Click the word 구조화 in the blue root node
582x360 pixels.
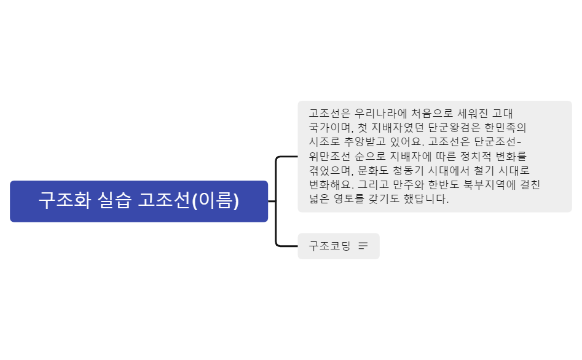pyautogui.click(x=65, y=201)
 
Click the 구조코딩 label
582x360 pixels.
pyautogui.click(x=329, y=246)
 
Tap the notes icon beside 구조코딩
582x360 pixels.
pyautogui.click(x=363, y=246)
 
